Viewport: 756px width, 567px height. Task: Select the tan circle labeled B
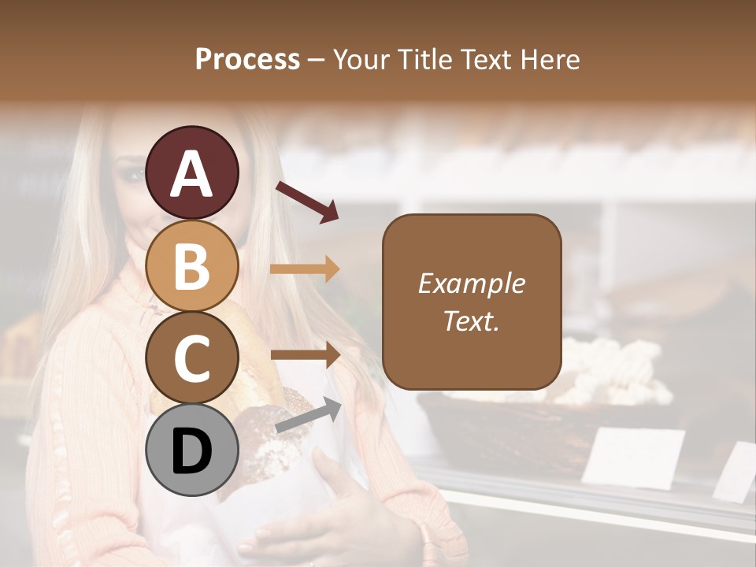pyautogui.click(x=192, y=265)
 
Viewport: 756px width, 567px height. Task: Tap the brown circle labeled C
pyautogui.click(x=192, y=357)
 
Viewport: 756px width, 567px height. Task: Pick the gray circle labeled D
pyautogui.click(x=192, y=450)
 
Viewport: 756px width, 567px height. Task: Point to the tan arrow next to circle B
pyautogui.click(x=305, y=269)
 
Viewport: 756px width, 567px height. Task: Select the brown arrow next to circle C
pyautogui.click(x=306, y=355)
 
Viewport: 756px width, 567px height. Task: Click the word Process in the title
pyautogui.click(x=247, y=59)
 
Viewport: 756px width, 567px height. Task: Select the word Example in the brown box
pyautogui.click(x=471, y=283)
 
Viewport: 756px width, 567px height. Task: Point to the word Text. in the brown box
pyautogui.click(x=471, y=321)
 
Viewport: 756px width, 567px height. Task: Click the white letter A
pyautogui.click(x=192, y=173)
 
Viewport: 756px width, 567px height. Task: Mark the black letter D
pyautogui.click(x=192, y=451)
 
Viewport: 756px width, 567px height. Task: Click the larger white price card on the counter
pyautogui.click(x=633, y=457)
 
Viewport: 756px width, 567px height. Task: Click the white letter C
pyautogui.click(x=192, y=358)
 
